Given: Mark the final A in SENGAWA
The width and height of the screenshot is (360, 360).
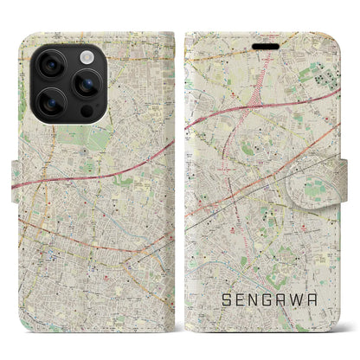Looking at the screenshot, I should click(327, 302).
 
